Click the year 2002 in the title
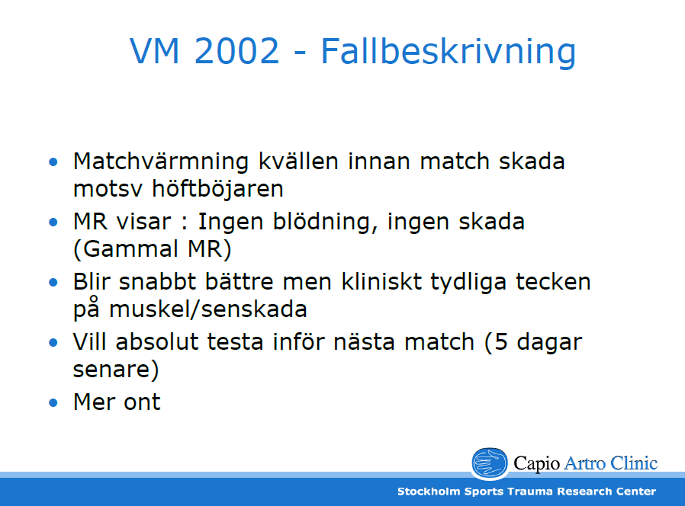tap(236, 51)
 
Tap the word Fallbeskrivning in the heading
tap(449, 53)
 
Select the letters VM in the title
tap(155, 51)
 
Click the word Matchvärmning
tap(161, 161)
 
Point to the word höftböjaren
tap(217, 188)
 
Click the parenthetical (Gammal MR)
tap(153, 249)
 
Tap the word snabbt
tap(157, 282)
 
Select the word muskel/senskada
tap(208, 309)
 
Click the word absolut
tap(157, 341)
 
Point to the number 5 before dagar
tap(500, 342)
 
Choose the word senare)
tap(116, 370)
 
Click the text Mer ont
tap(117, 402)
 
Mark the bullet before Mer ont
tap(53, 402)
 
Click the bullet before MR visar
tap(53, 223)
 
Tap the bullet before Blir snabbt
tap(53, 283)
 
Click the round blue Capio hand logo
tap(490, 463)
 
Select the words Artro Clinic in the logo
tap(611, 463)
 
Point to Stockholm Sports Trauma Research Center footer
tap(526, 492)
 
